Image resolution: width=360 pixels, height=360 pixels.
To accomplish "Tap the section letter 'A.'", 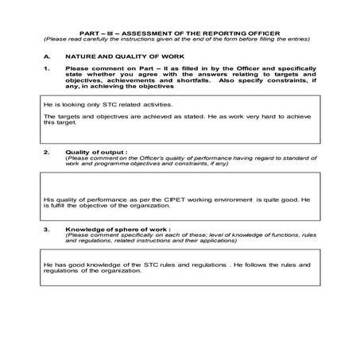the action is (x=48, y=57).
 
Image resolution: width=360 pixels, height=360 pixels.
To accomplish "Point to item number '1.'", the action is (x=47, y=70).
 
